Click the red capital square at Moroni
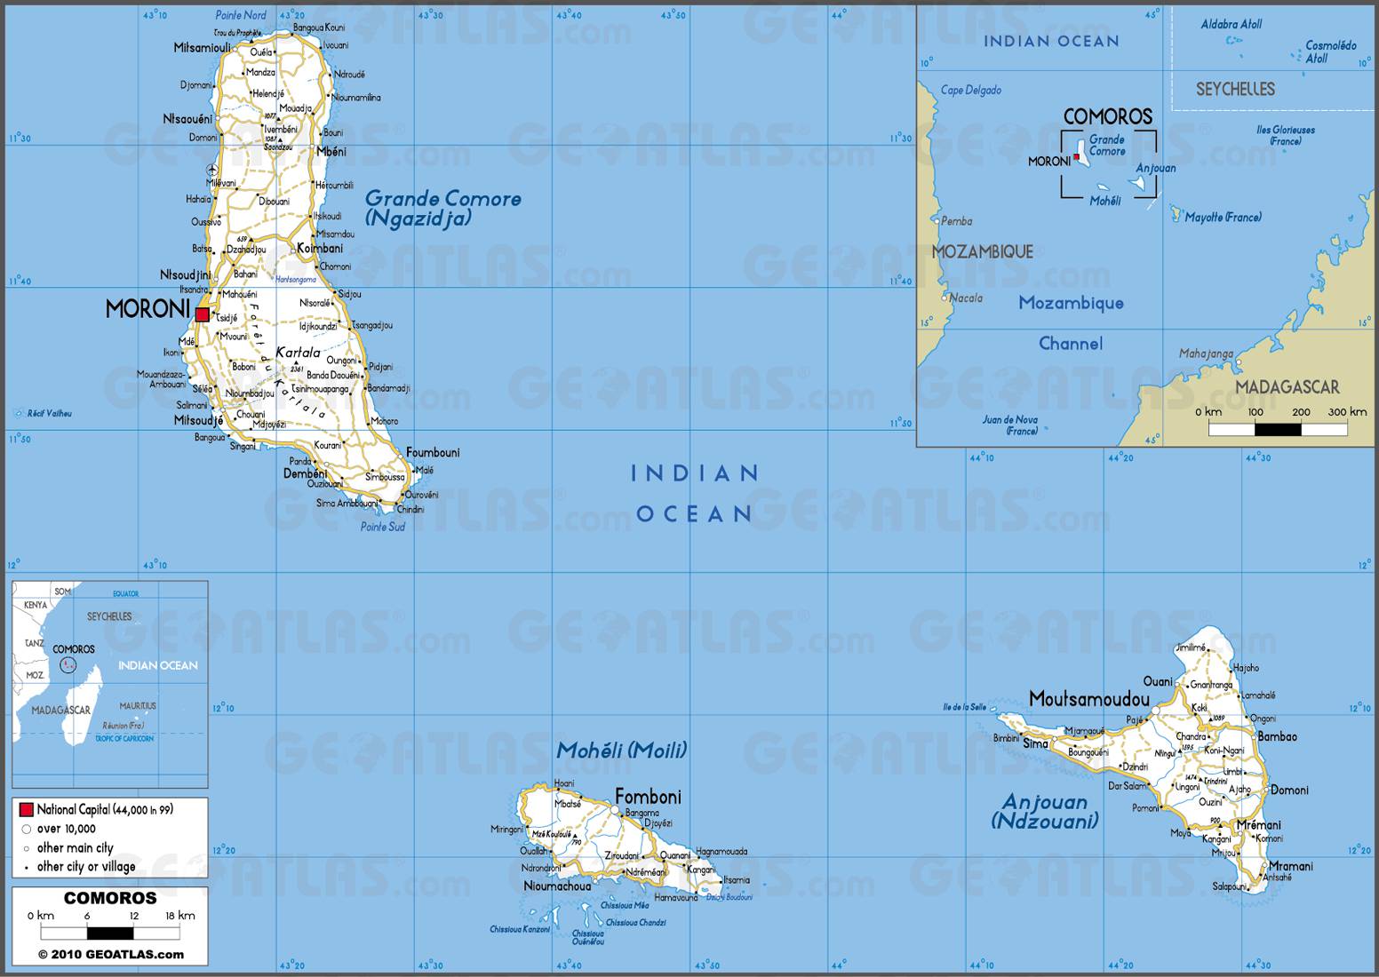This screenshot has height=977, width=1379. click(x=203, y=314)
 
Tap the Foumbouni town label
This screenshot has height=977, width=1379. click(x=433, y=453)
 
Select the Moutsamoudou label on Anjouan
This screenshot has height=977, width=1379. click(x=1088, y=699)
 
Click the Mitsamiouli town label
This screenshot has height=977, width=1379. click(x=202, y=47)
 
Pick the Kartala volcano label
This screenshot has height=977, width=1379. click(x=298, y=353)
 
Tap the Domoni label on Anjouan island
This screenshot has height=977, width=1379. click(x=1289, y=790)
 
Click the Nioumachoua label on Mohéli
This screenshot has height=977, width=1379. click(x=557, y=886)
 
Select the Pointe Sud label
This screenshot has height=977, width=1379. click(x=382, y=527)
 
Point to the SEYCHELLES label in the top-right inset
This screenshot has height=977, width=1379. click(x=1235, y=89)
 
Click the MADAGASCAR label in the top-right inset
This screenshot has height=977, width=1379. click(x=1287, y=386)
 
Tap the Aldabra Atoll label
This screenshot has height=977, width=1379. click(x=1232, y=24)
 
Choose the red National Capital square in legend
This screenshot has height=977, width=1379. click(x=27, y=809)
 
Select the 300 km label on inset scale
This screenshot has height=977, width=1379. click(x=1347, y=412)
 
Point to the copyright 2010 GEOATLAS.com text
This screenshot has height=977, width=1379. click(x=110, y=955)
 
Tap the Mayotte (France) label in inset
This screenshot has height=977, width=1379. click(x=1223, y=218)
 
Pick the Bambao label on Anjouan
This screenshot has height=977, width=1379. click(x=1278, y=736)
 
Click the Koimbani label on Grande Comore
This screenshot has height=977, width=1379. click(x=320, y=248)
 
